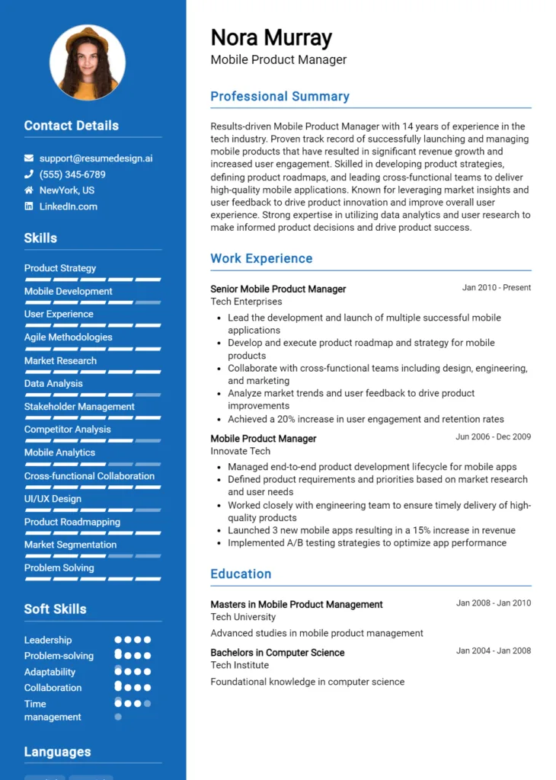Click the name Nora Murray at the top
271,37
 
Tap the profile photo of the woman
88,63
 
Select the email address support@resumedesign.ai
96,158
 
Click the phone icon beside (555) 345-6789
29,174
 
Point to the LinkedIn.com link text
69,206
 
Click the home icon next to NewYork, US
29,190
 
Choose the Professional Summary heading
280,97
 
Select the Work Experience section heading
261,258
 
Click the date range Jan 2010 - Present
497,288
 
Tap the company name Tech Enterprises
246,302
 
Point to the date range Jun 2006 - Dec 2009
494,437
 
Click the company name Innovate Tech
240,451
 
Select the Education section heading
241,574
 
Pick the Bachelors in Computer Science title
277,653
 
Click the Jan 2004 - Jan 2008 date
494,651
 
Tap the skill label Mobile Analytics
59,452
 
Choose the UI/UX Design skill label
53,499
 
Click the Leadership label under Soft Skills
48,641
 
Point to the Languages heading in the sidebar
57,752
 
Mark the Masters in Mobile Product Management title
296,604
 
